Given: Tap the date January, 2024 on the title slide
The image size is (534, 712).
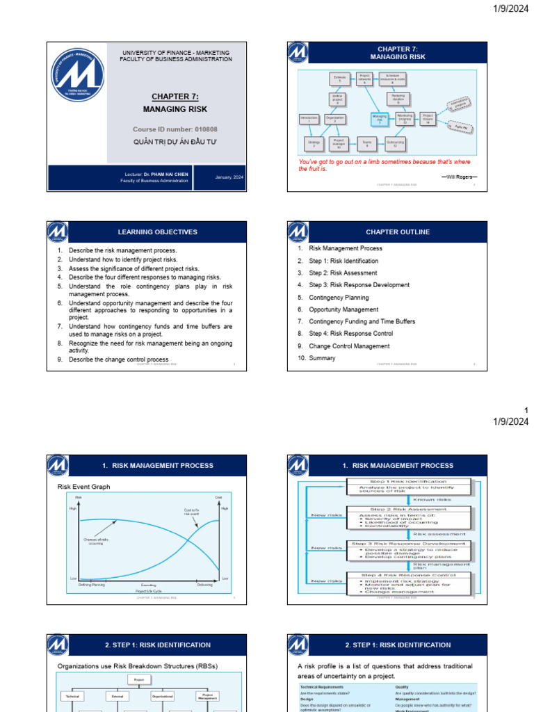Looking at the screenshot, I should [229, 178].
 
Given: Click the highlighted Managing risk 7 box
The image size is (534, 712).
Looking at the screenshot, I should [379, 118].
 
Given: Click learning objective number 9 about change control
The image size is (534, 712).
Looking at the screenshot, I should [118, 359].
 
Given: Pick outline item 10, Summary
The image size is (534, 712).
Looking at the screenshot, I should [322, 358].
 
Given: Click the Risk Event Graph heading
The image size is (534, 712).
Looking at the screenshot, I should [83, 487].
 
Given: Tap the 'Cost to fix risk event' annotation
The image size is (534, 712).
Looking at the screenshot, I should [192, 512].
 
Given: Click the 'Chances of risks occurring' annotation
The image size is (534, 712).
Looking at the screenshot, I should [96, 542].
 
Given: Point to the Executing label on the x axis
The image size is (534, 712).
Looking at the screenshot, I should [149, 585].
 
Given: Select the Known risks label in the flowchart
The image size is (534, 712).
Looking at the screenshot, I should [432, 499].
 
